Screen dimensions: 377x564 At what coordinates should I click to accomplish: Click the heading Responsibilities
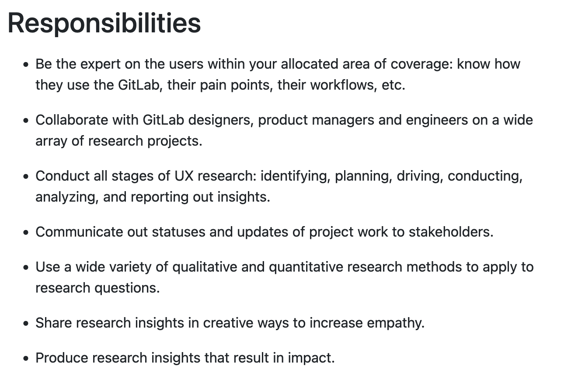(104, 23)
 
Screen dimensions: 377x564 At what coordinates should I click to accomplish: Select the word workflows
(343, 85)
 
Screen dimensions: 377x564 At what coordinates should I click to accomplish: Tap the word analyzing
(67, 197)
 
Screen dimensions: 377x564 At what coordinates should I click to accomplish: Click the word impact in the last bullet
(310, 358)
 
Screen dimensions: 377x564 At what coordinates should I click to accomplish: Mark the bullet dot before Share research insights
(26, 324)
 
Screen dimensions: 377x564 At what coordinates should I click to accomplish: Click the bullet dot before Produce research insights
(26, 359)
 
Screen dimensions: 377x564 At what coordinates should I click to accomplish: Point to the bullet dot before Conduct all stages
(26, 177)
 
